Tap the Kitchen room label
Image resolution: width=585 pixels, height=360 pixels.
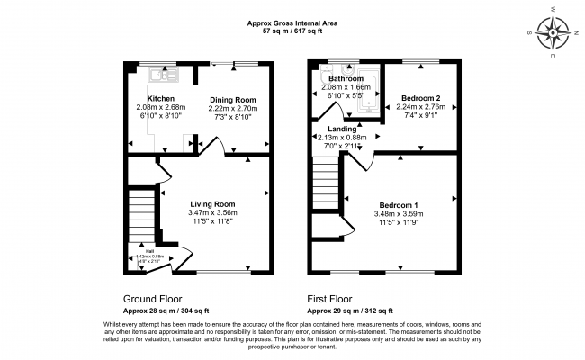point(161,99)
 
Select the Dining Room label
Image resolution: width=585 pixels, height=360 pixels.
point(233,99)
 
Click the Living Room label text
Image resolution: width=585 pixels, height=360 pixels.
point(212,203)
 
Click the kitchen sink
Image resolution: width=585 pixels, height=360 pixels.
point(162,74)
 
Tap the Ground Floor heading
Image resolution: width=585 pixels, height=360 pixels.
point(152,298)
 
